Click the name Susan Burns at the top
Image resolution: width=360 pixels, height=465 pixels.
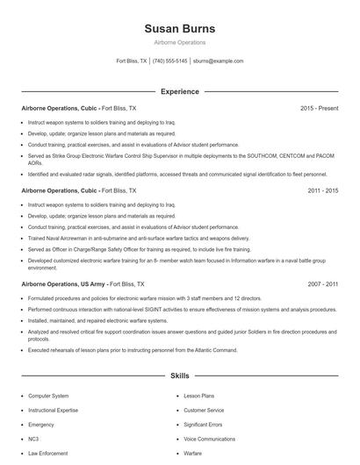pyautogui.click(x=179, y=29)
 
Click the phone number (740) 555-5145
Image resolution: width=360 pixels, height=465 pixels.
pyautogui.click(x=169, y=61)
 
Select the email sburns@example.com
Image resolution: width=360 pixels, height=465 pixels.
pyautogui.click(x=218, y=61)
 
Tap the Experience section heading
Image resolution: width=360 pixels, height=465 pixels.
pyautogui.click(x=179, y=91)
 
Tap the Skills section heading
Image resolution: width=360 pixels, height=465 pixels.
pyautogui.click(x=179, y=376)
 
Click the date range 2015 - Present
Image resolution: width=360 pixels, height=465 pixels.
pyautogui.click(x=318, y=108)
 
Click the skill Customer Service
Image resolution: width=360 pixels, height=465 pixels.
pyautogui.click(x=204, y=410)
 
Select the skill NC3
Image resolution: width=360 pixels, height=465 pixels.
pyautogui.click(x=33, y=439)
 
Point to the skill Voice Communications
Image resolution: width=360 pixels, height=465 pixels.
pyautogui.click(x=210, y=439)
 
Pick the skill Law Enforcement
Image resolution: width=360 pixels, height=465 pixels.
pyautogui.click(x=47, y=454)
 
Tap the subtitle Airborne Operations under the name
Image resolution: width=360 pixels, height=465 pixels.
pyautogui.click(x=179, y=41)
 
